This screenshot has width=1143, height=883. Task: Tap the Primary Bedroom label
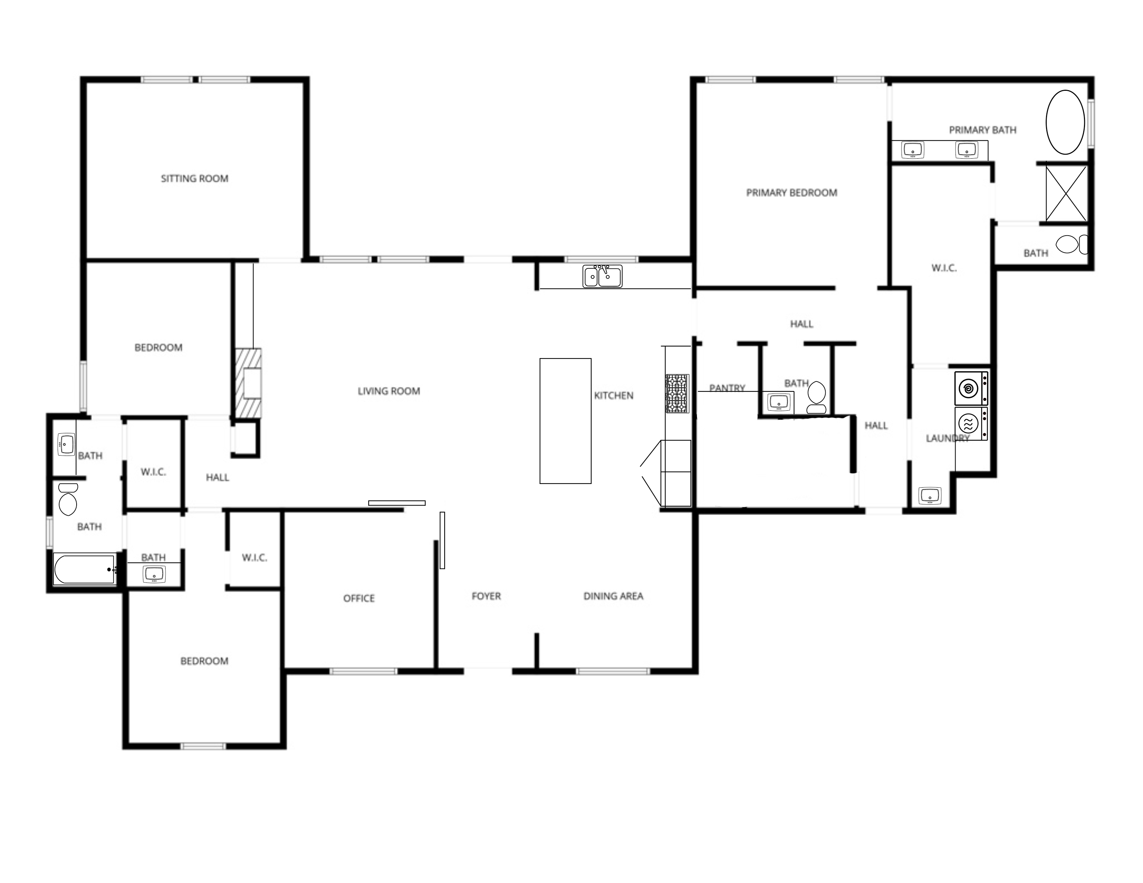(791, 193)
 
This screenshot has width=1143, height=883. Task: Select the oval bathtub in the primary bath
(1065, 122)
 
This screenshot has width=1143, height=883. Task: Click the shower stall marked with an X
(1066, 193)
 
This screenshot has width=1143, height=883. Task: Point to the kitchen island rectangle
(565, 421)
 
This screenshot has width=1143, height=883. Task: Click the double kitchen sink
(603, 276)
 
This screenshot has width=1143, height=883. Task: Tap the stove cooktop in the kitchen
(677, 394)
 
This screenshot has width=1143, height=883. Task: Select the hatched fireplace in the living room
(248, 383)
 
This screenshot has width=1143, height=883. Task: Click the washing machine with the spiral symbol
(971, 388)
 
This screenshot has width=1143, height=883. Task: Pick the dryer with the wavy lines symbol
(971, 423)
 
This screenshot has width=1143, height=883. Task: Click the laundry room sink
(930, 495)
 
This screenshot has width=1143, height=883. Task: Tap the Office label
(359, 598)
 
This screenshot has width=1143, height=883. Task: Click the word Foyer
(486, 596)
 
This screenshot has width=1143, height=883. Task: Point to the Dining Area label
(613, 596)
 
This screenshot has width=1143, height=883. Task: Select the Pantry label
(727, 388)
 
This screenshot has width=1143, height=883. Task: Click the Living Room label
(389, 391)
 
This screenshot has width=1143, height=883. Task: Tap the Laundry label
(948, 438)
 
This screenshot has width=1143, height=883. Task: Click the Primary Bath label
(983, 130)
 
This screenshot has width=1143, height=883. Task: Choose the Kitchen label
(613, 396)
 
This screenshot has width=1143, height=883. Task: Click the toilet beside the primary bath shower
(1071, 244)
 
